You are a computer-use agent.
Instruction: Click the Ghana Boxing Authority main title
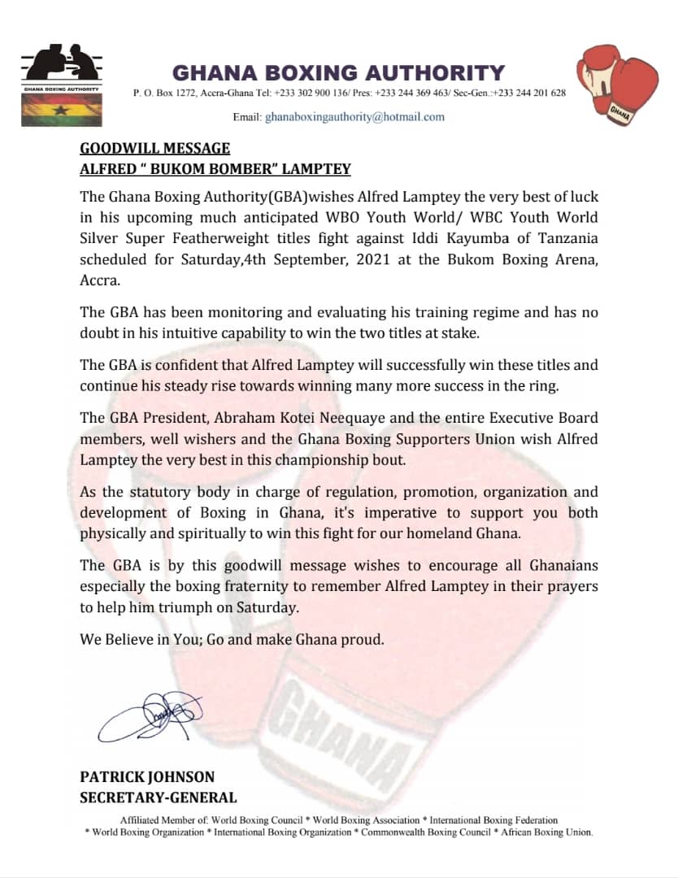pos(338,72)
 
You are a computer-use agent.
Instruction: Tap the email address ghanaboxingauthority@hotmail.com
pos(355,117)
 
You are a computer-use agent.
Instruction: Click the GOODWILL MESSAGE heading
pos(154,148)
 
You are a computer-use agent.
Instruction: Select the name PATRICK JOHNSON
pos(147,776)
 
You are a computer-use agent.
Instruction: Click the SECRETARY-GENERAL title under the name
pos(159,798)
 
